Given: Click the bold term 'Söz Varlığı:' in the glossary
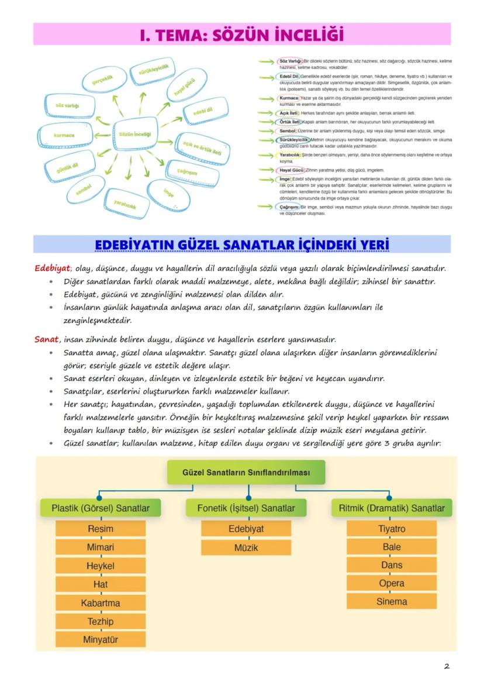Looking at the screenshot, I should tap(290, 61).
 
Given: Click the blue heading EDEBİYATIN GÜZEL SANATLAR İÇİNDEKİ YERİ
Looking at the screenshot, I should tap(241, 244).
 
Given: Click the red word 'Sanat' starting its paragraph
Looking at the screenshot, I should tap(46, 339).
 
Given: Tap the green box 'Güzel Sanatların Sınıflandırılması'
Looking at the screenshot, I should tap(246, 471).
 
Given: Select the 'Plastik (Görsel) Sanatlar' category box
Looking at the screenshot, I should tap(100, 508).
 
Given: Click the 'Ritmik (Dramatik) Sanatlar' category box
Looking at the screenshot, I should tap(391, 508).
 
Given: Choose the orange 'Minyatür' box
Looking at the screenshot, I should tap(100, 639).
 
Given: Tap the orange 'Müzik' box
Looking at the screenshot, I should tap(246, 548).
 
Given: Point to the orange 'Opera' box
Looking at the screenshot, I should tap(391, 583).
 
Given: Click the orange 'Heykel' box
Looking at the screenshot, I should tap(100, 566).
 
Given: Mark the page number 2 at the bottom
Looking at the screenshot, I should tap(447, 666).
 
